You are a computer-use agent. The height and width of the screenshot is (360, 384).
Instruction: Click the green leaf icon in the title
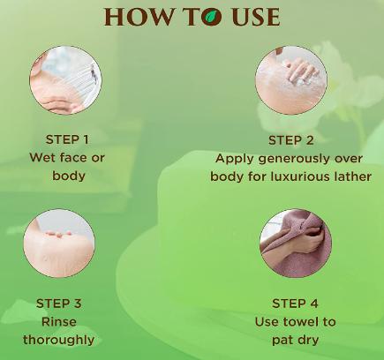click(x=212, y=17)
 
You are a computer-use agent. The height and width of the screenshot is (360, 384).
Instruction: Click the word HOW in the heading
click(x=139, y=17)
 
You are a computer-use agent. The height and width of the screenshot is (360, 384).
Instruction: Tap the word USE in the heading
click(x=256, y=17)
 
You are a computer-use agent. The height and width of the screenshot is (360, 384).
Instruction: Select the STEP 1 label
click(x=67, y=139)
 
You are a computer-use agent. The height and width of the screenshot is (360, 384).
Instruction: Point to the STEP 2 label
click(x=291, y=140)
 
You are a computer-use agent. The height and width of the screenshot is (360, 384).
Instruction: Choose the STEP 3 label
click(x=58, y=304)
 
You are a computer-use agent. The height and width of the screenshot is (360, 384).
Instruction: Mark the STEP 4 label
click(x=295, y=304)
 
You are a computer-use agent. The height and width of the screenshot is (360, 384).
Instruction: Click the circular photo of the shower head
click(x=65, y=80)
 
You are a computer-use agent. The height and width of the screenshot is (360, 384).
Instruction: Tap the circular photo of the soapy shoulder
click(x=291, y=80)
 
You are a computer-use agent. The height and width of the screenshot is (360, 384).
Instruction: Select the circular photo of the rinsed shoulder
click(x=59, y=244)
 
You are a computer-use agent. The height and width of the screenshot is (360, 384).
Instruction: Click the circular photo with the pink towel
click(x=296, y=244)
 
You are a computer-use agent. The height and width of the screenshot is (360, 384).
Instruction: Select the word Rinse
click(x=59, y=322)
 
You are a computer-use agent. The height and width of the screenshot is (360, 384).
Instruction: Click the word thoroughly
click(x=59, y=341)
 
